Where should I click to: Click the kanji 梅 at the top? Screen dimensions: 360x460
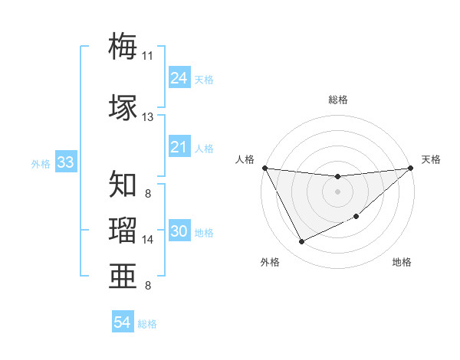coord(123,47)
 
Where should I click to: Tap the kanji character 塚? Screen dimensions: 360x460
coord(123,106)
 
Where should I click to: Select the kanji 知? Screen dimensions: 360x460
coord(123,185)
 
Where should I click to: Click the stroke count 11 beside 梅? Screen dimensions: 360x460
coord(147,56)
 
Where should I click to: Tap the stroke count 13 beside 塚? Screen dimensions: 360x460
coord(147,116)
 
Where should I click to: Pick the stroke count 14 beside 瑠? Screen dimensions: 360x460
coord(147,240)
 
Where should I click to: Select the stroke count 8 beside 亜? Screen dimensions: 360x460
coord(147,286)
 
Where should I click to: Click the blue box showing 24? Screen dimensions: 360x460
coord(179,78)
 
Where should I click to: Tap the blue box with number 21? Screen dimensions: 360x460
coord(179,147)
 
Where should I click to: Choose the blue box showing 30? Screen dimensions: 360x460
coord(179,232)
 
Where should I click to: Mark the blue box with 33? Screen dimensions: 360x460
coord(65,163)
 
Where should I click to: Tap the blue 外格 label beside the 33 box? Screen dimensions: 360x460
coord(41,164)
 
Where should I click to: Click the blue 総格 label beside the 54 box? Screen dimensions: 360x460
coord(147,324)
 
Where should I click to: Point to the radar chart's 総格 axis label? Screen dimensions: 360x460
coord(337,100)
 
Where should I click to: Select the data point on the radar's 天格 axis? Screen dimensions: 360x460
coord(411,168)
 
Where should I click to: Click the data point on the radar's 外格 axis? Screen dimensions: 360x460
coord(301,242)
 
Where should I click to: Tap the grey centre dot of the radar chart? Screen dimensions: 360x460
coord(337,191)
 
